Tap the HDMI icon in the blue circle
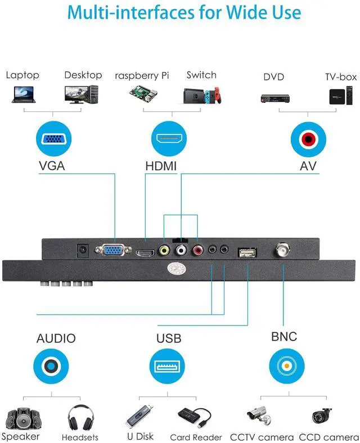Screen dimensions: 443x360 tap(168, 139)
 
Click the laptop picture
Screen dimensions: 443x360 tap(24, 94)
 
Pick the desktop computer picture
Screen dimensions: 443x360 tap(82, 94)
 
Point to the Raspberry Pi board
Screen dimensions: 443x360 tap(142, 94)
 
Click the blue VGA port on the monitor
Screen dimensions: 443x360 tap(114, 251)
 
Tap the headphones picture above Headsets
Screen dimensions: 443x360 tap(80, 419)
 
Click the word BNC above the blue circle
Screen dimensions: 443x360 tap(284, 337)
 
